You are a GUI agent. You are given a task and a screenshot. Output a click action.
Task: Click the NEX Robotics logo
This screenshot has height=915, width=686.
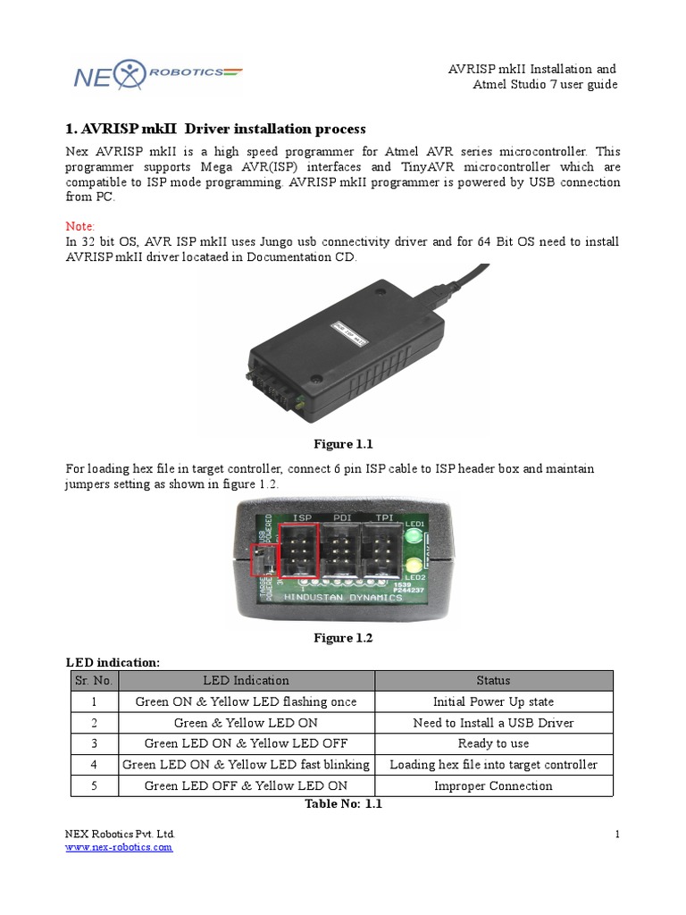tap(156, 75)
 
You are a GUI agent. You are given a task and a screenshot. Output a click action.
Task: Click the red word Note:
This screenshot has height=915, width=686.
tap(80, 226)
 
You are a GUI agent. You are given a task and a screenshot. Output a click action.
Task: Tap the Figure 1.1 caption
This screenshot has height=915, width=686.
tap(342, 444)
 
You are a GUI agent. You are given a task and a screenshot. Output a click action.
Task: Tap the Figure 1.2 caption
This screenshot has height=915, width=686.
tap(342, 638)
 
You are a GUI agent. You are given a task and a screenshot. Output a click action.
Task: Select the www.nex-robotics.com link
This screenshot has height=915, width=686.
tap(119, 847)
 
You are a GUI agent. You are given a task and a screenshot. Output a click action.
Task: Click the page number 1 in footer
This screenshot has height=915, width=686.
tap(616, 835)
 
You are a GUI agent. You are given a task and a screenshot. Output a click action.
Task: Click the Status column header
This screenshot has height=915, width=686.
tap(493, 681)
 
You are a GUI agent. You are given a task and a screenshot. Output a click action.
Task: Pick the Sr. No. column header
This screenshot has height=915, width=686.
tap(93, 681)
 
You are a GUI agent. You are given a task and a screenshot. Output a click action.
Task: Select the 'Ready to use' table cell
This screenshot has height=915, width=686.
tap(493, 743)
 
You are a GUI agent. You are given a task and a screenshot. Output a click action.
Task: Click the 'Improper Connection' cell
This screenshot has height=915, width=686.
tap(493, 786)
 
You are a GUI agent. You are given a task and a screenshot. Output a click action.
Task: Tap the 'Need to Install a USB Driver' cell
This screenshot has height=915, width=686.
tap(493, 723)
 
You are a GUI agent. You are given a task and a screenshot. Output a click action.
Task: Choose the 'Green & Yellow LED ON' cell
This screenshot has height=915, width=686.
tap(246, 723)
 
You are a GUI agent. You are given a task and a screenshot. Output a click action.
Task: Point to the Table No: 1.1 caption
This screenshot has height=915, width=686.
tap(343, 804)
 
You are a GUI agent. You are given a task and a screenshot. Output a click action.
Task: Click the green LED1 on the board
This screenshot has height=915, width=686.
tap(414, 538)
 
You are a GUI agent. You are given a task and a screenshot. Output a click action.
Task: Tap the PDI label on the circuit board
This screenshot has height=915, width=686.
tap(343, 517)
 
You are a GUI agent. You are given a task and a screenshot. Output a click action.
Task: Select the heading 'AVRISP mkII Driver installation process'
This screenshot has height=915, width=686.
tap(216, 130)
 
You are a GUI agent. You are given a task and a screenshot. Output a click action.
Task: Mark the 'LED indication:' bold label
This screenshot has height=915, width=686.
tap(113, 662)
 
